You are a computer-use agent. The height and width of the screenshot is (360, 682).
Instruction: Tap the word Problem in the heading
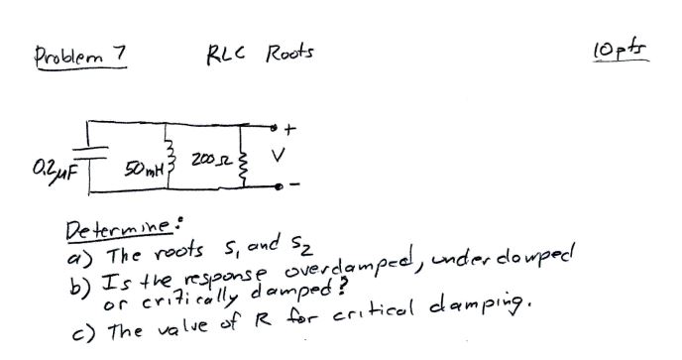pos(67,54)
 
